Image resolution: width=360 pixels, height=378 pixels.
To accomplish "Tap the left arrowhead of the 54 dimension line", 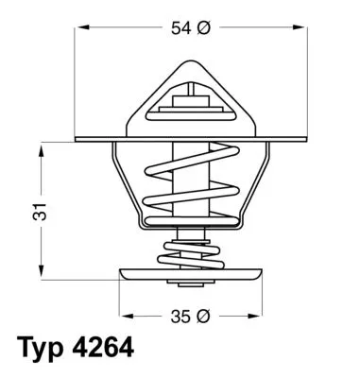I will tap(79, 28).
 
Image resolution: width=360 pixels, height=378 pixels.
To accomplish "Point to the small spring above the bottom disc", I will tap(194, 253).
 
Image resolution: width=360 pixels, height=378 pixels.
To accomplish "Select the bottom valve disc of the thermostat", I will tap(195, 277).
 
